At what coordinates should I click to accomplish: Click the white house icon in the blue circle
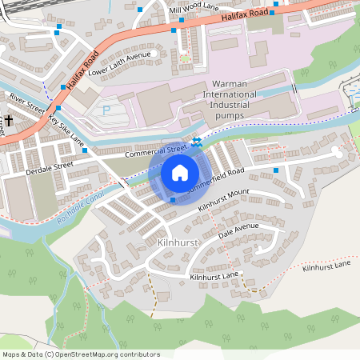tap(179, 173)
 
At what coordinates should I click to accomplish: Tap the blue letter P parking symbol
tap(106, 111)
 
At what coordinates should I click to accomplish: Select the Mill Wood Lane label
tap(194, 7)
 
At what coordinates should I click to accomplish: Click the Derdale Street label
tap(50, 164)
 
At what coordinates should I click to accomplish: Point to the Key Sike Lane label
tap(66, 130)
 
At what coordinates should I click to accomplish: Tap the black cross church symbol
tap(9, 121)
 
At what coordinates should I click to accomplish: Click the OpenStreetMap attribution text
tap(80, 354)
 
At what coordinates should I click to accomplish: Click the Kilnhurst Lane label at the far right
tap(326, 265)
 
